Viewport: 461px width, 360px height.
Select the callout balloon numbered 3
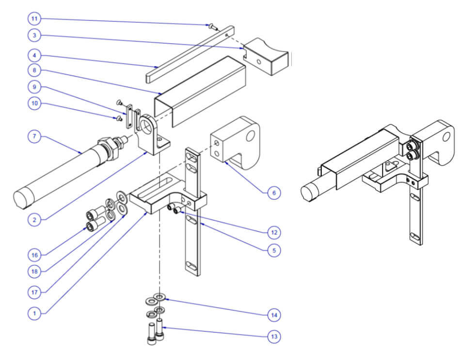click(x=34, y=35)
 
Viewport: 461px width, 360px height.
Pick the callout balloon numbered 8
click(x=34, y=70)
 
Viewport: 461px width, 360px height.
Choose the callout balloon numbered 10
click(x=34, y=104)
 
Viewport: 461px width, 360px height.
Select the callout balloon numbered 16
click(x=34, y=253)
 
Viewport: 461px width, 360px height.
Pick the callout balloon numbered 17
click(x=34, y=292)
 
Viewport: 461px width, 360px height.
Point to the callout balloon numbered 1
click(x=34, y=313)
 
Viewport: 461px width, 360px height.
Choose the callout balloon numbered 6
click(x=274, y=193)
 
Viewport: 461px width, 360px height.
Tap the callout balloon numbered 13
click(x=274, y=336)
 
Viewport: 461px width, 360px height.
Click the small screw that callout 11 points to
click(x=212, y=27)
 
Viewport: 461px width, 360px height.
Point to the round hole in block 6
click(x=250, y=135)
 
